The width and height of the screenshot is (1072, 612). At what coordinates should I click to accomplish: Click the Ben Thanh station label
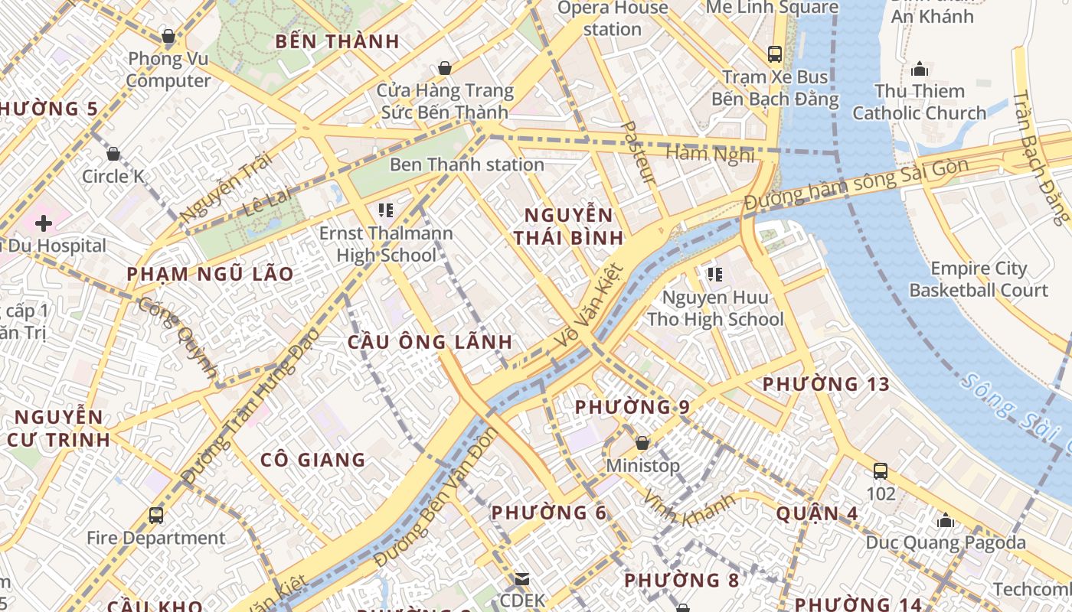click(x=467, y=164)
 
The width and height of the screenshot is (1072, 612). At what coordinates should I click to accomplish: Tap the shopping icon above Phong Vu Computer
click(x=168, y=36)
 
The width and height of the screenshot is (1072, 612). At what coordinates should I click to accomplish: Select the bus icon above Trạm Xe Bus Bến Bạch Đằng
click(x=775, y=54)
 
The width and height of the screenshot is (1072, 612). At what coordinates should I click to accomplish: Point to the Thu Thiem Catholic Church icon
click(x=920, y=70)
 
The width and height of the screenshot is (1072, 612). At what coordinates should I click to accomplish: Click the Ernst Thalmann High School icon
click(x=385, y=210)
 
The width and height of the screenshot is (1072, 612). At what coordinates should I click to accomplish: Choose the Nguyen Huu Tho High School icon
click(x=715, y=275)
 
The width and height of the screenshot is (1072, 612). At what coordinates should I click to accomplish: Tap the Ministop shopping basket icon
click(x=642, y=443)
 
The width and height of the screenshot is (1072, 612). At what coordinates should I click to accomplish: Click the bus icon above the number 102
click(x=881, y=471)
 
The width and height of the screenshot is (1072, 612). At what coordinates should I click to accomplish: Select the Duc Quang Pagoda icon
click(x=946, y=521)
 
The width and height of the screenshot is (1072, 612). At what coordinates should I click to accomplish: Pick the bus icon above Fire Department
click(x=156, y=516)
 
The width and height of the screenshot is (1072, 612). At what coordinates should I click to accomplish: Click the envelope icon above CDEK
click(x=522, y=579)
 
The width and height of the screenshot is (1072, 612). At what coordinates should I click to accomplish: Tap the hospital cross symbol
click(x=44, y=223)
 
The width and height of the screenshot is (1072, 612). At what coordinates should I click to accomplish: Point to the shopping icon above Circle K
click(x=113, y=154)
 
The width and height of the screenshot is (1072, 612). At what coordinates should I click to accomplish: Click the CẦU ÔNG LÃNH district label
click(x=430, y=342)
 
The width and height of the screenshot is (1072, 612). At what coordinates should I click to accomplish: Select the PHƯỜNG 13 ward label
click(x=826, y=384)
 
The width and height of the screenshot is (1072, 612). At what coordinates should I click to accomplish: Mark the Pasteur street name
click(x=637, y=151)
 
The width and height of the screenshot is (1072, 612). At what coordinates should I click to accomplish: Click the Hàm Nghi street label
click(x=710, y=154)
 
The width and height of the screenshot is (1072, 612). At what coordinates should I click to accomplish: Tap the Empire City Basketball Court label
click(x=979, y=280)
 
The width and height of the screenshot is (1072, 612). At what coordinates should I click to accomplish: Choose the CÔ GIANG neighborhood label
click(x=313, y=460)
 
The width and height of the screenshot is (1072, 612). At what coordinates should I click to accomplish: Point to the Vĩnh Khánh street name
click(x=689, y=507)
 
